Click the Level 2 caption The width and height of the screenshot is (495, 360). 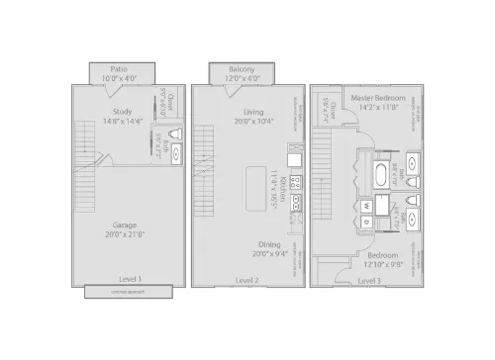(x=247, y=280)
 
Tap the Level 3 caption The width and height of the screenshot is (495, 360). (x=368, y=280)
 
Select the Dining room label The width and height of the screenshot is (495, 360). (x=241, y=243)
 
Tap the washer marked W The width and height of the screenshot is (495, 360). (x=365, y=207)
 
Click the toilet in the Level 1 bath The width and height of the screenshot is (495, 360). (x=177, y=135)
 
